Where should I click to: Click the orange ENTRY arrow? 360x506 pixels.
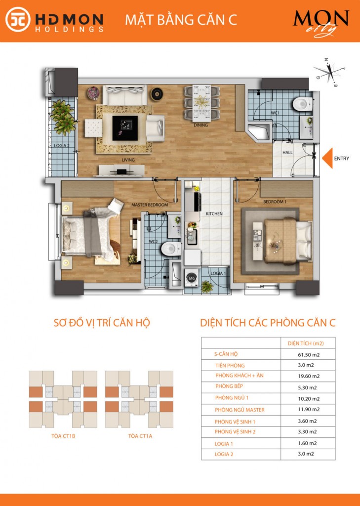point(328,158)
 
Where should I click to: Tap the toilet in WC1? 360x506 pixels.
point(302,104)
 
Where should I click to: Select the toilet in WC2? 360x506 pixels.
point(171,249)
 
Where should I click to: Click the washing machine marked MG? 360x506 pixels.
point(192,278)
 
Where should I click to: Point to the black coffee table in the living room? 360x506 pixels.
point(125,128)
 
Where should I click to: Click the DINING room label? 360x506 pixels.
point(200,125)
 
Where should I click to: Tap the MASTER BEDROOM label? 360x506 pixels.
point(150,205)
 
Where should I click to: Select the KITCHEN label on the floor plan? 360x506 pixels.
point(214,213)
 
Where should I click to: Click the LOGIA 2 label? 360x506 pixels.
point(62,146)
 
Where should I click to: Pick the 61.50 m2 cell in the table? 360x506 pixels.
point(309,355)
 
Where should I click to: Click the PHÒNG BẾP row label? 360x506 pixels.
point(229,386)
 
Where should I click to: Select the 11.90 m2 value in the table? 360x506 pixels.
point(309,410)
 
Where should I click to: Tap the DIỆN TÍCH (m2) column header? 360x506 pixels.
point(306,343)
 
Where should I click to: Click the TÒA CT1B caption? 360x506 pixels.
point(63,436)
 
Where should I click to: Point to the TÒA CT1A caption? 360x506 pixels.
point(140,436)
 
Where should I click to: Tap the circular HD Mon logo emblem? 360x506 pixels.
point(18,19)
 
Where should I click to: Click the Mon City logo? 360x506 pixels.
point(321,23)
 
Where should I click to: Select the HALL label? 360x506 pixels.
point(287,152)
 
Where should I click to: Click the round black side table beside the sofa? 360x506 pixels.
point(157,94)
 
